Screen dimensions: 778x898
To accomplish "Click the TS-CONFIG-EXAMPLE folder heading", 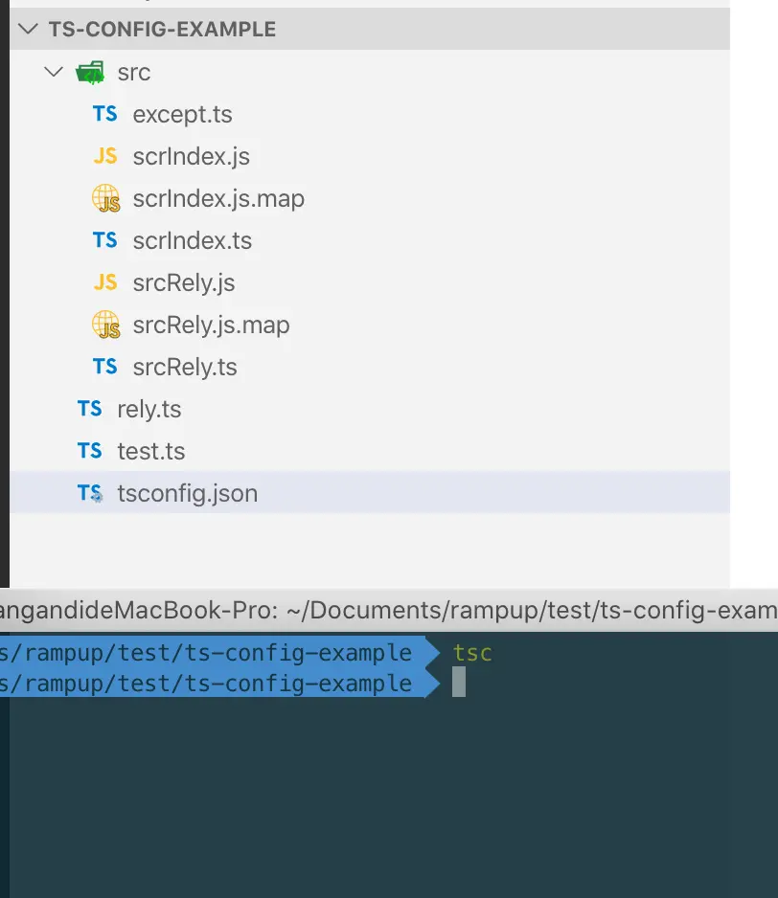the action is click(x=162, y=30).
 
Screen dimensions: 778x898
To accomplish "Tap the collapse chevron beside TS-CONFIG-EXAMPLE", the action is click(x=28, y=29).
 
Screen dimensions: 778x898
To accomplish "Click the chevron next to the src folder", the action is click(x=54, y=72).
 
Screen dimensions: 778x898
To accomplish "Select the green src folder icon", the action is click(x=90, y=73).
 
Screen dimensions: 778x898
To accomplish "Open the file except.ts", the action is click(x=182, y=115).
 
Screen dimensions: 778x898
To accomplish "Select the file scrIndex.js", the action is click(x=191, y=156).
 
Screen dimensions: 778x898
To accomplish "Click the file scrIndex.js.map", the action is click(x=218, y=199).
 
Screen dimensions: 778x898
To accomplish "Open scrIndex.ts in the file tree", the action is click(x=192, y=240).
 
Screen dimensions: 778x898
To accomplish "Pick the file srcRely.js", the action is click(x=183, y=283).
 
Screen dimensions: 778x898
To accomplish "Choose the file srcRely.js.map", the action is click(x=211, y=326).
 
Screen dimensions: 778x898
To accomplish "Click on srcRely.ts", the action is click(x=185, y=367).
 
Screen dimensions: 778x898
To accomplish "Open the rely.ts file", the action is click(x=149, y=410).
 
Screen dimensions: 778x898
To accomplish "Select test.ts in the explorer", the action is click(x=150, y=451).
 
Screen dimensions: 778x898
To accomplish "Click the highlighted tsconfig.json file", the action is click(x=187, y=494).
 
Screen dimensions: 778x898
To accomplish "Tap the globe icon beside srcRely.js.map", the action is click(x=106, y=325).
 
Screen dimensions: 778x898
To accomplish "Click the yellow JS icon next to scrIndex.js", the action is click(x=105, y=156).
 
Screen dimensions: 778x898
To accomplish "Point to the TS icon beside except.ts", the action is click(x=105, y=113).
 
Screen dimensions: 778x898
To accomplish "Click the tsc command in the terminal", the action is click(x=472, y=654).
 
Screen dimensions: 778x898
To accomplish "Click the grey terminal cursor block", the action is click(x=459, y=682).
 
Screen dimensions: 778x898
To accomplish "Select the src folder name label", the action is click(x=133, y=73).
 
